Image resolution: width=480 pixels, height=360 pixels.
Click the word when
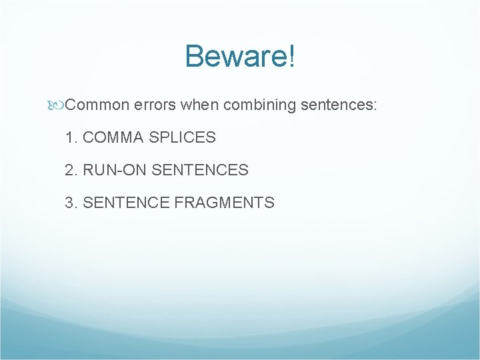pos(199,105)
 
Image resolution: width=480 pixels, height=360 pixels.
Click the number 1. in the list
pos(71,138)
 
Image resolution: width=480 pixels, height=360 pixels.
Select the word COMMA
pos(113,138)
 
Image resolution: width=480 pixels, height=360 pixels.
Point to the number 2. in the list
pos(71,170)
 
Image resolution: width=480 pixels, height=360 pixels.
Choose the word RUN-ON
pos(115,170)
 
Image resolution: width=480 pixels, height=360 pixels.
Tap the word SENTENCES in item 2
pos(200,170)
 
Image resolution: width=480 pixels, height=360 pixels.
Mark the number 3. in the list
pos(71,203)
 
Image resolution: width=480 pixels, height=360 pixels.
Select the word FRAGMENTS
pos(224,203)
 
